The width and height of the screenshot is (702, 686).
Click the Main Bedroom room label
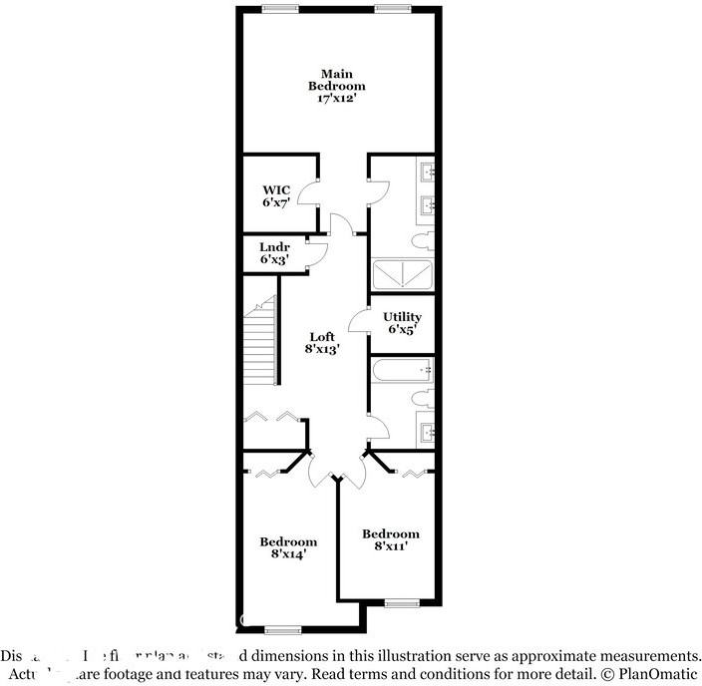336,80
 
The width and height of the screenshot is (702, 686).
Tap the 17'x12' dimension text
336,100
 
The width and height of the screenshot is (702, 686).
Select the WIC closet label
276,189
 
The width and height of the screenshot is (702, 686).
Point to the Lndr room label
274,247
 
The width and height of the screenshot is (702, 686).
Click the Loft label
321,337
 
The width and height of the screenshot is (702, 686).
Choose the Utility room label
402,317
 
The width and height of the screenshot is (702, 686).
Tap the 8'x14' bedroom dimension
288,554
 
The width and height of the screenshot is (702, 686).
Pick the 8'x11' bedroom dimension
390,545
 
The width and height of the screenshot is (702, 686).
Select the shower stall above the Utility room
402,274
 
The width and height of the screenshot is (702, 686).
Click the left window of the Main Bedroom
281,9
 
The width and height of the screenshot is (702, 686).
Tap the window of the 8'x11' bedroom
401,602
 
